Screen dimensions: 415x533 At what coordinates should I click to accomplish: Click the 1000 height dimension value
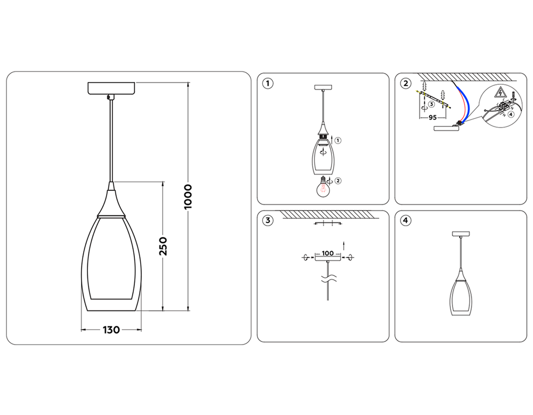tap(188, 197)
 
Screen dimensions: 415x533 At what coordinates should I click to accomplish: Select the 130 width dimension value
tap(110, 330)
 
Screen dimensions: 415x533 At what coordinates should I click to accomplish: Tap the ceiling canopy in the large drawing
tap(111, 88)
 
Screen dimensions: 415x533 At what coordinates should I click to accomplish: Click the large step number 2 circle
tap(406, 83)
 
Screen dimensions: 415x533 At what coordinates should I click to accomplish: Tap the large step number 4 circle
tap(406, 220)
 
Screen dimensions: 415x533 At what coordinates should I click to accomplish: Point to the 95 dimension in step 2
tap(432, 116)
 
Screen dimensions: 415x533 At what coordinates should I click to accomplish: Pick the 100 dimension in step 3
tap(328, 252)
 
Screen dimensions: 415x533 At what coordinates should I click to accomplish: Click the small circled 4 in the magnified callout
tap(511, 113)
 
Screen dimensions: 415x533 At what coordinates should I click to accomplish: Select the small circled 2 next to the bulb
tap(338, 180)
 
